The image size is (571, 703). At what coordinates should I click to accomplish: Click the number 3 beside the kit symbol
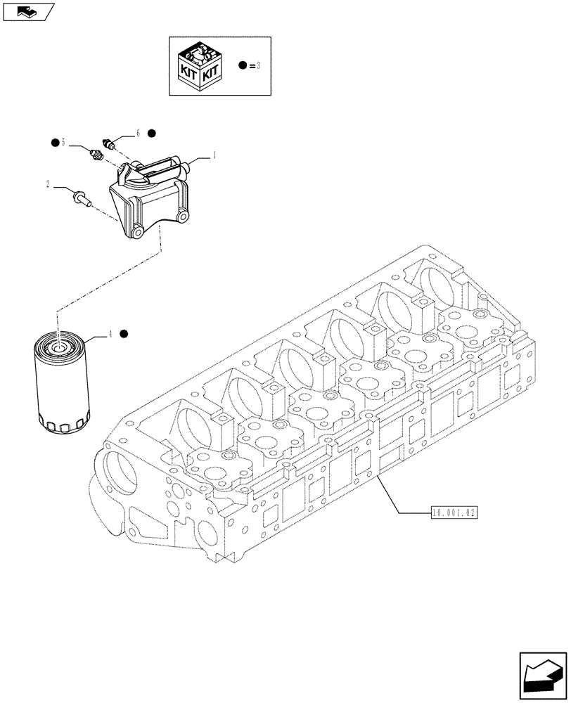pos(259,66)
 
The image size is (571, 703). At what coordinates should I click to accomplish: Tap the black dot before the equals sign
pos(243,66)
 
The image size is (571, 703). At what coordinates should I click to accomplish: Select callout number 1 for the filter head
pos(214,155)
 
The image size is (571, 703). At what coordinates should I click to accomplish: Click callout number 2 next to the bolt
pos(48,185)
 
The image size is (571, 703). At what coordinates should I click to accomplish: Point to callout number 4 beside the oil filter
pos(110,335)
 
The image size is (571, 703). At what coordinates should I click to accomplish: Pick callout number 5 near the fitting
pos(63,143)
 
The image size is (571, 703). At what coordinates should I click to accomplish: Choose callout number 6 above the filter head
pos(139,132)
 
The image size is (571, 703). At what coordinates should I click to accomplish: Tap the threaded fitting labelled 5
pos(97,154)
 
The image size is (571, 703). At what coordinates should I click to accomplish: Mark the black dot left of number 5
pos(53,143)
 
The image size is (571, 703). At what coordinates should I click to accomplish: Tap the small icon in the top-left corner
pos(27,10)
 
